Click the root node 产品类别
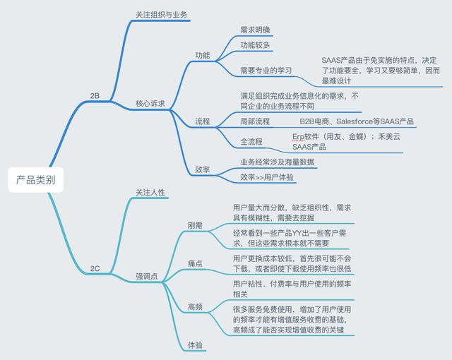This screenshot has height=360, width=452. pos(36,180)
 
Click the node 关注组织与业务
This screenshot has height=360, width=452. pos(162,14)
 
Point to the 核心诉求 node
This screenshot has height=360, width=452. pos(150,104)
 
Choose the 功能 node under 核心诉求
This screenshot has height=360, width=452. pos(203,55)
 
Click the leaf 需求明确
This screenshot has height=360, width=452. pos(255,30)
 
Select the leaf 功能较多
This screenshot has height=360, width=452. pos(255,45)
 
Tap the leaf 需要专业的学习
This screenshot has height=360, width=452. pos(266,71)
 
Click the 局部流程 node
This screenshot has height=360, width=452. pos(255,121)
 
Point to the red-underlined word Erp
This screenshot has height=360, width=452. pos(299,136)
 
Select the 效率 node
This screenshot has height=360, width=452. pos(203,169)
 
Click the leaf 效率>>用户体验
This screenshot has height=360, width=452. pos(267,176)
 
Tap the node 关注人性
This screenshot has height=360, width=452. pos(150,192)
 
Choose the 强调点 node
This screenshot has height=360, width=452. pos(146,277)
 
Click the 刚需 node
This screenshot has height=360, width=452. pos(195,226)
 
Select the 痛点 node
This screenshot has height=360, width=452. pos(195,263)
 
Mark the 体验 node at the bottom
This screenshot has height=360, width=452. pos(195,344)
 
